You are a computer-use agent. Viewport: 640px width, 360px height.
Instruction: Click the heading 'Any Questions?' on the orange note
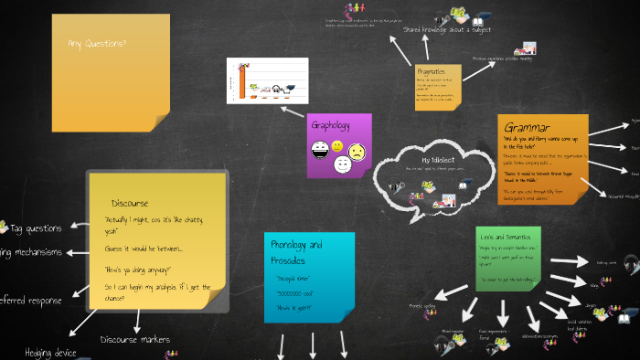coord(98,43)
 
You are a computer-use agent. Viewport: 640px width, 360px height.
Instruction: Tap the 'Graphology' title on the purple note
coord(331,124)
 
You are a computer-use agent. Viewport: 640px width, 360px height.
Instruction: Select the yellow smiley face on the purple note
coord(337,146)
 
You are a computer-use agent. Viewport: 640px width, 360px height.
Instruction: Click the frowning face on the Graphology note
coord(357,148)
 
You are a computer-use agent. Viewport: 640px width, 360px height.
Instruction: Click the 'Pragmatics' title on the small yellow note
coord(431,71)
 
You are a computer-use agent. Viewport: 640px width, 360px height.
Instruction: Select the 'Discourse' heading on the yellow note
coord(130,203)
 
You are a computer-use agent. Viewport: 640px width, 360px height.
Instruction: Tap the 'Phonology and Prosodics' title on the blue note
coord(296,251)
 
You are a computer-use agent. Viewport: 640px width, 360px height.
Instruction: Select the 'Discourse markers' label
coord(135,340)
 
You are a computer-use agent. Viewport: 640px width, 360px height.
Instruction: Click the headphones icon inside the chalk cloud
coord(396,187)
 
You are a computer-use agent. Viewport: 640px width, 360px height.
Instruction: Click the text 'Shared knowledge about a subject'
coord(447,29)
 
